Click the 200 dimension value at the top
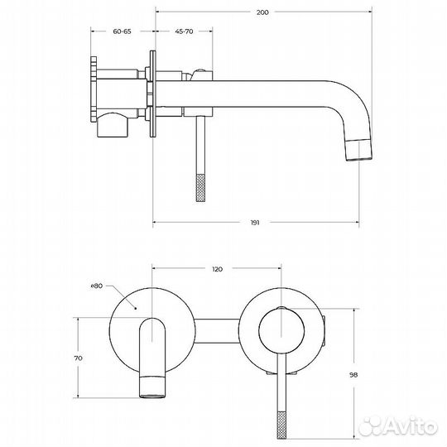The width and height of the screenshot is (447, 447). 262,12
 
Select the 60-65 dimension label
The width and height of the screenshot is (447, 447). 122,31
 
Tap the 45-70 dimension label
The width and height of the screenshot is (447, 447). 184,31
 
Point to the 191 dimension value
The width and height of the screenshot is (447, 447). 255,223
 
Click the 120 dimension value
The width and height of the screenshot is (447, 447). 217,269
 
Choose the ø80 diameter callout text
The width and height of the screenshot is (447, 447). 97,286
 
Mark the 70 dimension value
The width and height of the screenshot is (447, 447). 78,358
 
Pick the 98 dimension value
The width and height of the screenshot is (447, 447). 353,375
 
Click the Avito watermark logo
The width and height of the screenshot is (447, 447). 398,427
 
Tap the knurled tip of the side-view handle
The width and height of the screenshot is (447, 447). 200,188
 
